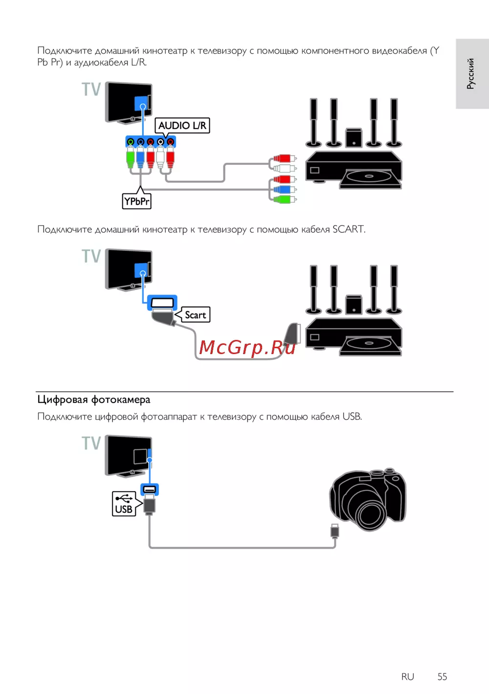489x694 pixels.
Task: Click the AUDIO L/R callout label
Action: point(182,126)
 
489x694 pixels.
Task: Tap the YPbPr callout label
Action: point(136,201)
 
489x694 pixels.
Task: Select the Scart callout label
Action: point(195,315)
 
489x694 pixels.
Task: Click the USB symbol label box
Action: point(124,504)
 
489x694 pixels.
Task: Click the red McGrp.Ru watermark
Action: point(247,347)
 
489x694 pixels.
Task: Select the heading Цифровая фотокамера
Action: point(94,400)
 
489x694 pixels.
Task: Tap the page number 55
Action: point(442,676)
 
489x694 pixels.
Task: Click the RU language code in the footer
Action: point(407,676)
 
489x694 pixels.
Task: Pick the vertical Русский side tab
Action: point(471,73)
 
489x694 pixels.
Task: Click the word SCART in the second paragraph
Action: point(348,229)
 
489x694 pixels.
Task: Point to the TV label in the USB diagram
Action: point(91,443)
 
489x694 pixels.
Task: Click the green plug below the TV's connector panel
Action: point(131,158)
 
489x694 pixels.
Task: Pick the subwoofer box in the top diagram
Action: point(354,137)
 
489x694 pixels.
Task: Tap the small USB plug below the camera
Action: point(335,530)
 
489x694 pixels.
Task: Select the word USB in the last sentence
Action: point(352,417)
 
